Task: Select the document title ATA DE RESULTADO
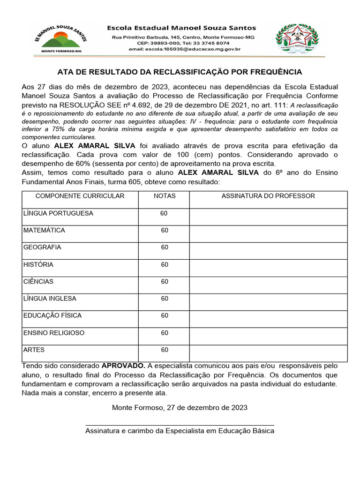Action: pos(180,72)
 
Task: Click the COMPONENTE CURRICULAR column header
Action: pos(80,196)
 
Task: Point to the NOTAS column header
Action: pos(164,196)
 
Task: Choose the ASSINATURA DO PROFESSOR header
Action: pos(268,196)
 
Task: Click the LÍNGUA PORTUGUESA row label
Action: pos(58,213)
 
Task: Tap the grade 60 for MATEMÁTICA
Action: pos(164,231)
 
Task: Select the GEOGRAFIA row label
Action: pos(42,247)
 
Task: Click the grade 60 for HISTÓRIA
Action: pos(164,265)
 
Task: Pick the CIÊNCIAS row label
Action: pos(38,282)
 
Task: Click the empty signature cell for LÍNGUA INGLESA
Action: pos(268,299)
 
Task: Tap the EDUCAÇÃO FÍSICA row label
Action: pos(52,315)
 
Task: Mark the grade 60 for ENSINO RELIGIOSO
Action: pos(164,333)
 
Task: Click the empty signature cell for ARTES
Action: pos(268,351)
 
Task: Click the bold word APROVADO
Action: pos(123,365)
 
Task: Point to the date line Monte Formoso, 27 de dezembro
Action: pos(180,407)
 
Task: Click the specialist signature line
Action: pos(180,424)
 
